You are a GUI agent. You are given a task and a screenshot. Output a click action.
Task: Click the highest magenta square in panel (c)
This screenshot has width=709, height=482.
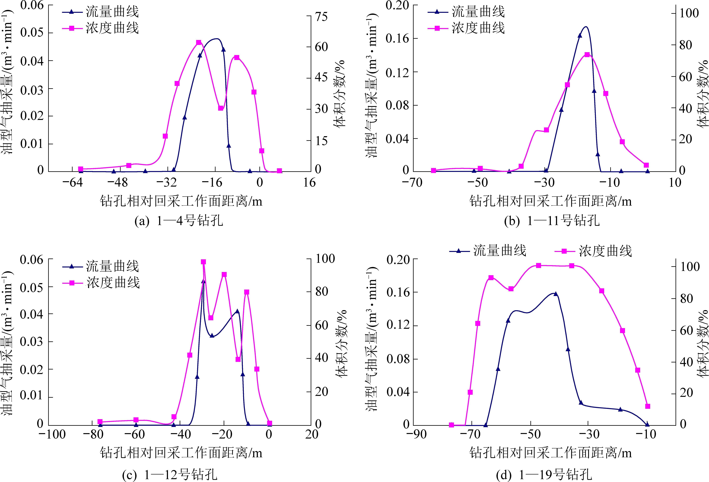pos(203,262)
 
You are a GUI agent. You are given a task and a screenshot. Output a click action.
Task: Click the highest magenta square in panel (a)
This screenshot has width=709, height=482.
pos(199,42)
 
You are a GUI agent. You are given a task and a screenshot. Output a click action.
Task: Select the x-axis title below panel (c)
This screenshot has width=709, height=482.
pos(181,453)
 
